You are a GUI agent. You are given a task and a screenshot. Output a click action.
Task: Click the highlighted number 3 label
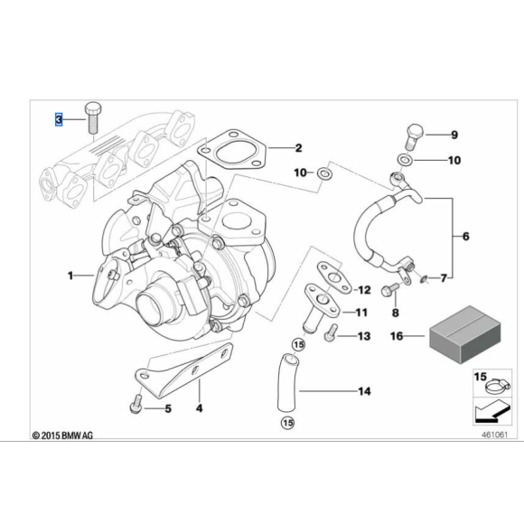click(59, 119)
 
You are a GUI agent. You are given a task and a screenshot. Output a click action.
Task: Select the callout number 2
click(298, 148)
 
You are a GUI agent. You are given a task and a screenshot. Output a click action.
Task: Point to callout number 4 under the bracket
click(200, 407)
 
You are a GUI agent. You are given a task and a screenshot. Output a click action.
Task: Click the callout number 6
click(465, 237)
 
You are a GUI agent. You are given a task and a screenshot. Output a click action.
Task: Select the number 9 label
click(454, 136)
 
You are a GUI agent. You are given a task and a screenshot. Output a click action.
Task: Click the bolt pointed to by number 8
click(389, 291)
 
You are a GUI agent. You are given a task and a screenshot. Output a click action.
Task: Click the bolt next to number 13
click(331, 332)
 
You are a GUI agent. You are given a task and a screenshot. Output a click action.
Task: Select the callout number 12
click(364, 290)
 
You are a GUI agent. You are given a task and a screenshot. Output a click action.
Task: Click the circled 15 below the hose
click(287, 422)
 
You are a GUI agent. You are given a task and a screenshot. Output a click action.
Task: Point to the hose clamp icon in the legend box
click(488, 389)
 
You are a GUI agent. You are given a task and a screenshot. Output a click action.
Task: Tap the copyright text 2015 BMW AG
click(62, 435)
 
